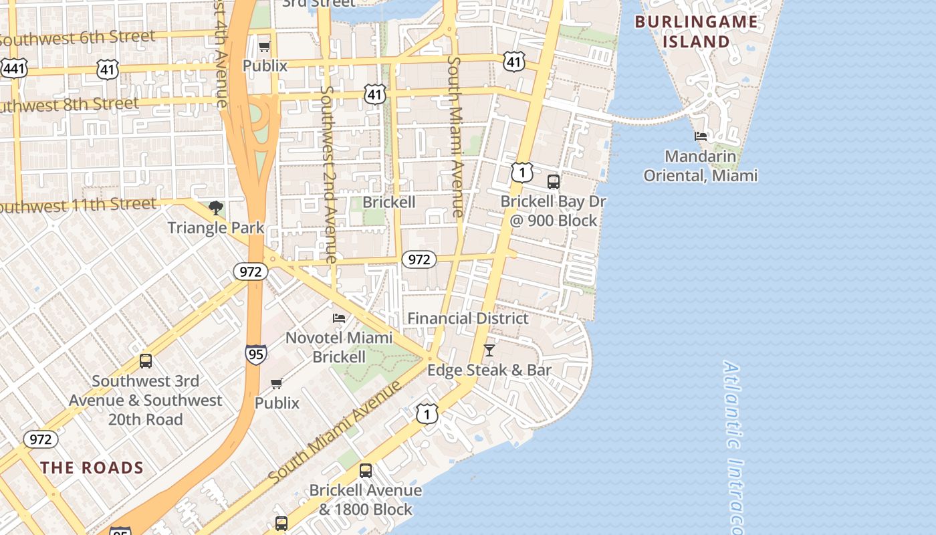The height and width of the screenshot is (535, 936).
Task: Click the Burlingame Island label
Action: tap(696, 31)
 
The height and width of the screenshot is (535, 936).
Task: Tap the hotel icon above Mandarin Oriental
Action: tap(701, 136)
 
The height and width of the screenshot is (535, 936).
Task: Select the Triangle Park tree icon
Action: tap(215, 208)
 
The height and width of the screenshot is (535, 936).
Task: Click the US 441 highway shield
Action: tap(13, 68)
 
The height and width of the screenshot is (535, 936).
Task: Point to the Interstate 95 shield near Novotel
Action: tap(255, 354)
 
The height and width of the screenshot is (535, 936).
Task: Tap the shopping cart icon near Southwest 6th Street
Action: tap(265, 46)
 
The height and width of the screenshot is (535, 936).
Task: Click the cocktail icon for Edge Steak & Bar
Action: tap(489, 350)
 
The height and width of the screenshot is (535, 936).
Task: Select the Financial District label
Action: tap(468, 318)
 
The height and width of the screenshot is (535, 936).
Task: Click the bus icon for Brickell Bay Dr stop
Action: tap(554, 181)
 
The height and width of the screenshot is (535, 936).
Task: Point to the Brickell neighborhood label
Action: tap(389, 202)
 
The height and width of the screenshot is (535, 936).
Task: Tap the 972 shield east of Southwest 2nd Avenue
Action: tap(419, 259)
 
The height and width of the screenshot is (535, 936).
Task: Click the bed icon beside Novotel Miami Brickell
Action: tap(340, 318)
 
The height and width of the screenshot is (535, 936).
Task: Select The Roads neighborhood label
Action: tap(92, 467)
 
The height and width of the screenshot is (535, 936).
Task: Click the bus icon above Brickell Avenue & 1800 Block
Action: tap(366, 470)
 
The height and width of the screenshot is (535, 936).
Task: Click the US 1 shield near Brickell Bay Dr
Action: tap(522, 172)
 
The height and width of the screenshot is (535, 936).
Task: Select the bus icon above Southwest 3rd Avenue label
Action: tap(146, 361)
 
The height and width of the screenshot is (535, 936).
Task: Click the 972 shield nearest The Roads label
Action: tap(41, 439)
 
